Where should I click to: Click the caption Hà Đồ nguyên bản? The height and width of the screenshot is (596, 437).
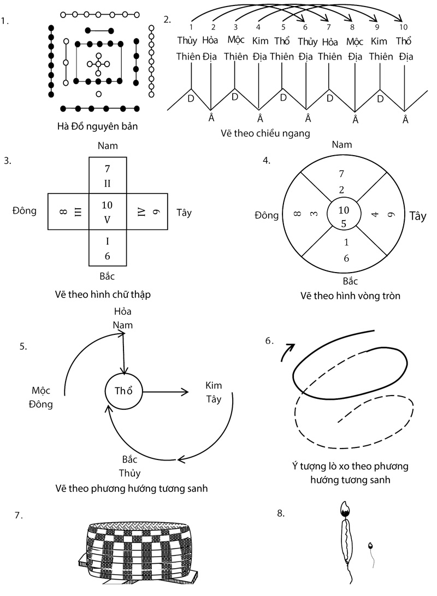[98, 126]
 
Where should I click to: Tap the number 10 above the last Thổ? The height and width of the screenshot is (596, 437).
[403, 27]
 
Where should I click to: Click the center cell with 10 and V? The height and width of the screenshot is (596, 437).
[107, 211]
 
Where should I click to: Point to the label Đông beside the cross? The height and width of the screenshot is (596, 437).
[24, 210]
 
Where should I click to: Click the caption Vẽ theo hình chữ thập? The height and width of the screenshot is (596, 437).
[103, 294]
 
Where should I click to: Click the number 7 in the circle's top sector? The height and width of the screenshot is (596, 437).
[341, 174]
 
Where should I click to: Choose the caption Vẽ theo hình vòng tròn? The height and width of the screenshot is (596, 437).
[343, 296]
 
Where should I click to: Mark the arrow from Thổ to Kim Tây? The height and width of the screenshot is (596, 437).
[166, 391]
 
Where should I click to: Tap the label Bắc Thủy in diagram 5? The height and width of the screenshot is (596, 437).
[130, 466]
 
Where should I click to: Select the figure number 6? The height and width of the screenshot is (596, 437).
[269, 341]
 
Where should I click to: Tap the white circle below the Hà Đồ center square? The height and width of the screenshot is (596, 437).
[98, 94]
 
